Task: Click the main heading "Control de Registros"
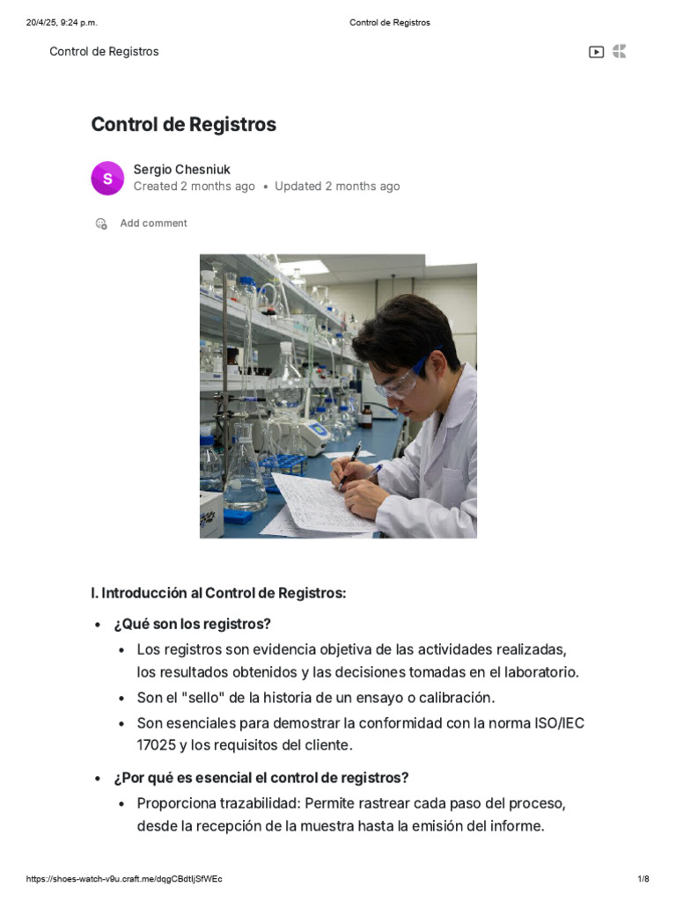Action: (x=183, y=124)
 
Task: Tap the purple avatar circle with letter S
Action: (x=107, y=178)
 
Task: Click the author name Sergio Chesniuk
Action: (x=181, y=170)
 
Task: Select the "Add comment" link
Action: (x=153, y=223)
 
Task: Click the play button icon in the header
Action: (x=596, y=52)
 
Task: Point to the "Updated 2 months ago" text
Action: (x=337, y=187)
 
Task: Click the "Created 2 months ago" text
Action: (x=195, y=187)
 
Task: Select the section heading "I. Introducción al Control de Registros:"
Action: (x=218, y=593)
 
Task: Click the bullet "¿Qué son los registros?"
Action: (x=192, y=624)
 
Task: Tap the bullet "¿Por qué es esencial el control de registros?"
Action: (x=261, y=778)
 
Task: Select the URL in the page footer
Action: (x=124, y=879)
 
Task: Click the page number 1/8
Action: (x=643, y=879)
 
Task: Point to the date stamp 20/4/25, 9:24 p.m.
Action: (x=62, y=23)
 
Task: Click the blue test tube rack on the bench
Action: (x=282, y=465)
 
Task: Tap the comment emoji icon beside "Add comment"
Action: (x=101, y=223)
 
